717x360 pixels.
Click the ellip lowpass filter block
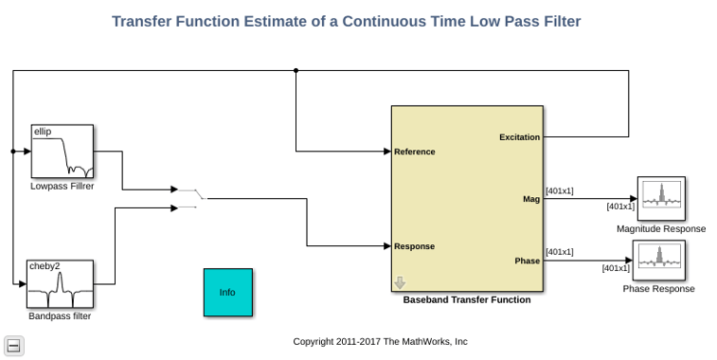pyautogui.click(x=63, y=151)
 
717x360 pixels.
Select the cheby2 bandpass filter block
pyautogui.click(x=60, y=284)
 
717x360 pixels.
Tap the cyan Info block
pyautogui.click(x=227, y=293)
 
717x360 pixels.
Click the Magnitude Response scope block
pyautogui.click(x=661, y=199)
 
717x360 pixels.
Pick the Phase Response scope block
pyautogui.click(x=658, y=261)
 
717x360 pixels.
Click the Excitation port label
pyautogui.click(x=519, y=137)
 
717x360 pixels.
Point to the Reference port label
pyautogui.click(x=414, y=152)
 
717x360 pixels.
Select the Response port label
pyautogui.click(x=414, y=246)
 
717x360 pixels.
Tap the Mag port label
pyautogui.click(x=531, y=200)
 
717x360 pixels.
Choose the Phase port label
pyautogui.click(x=528, y=261)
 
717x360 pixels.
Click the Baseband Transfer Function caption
pyautogui.click(x=467, y=299)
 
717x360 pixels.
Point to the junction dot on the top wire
pyautogui.click(x=296, y=70)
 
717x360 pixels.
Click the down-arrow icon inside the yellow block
pyautogui.click(x=400, y=282)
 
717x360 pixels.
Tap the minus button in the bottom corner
pyautogui.click(x=13, y=346)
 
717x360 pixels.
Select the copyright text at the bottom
pyautogui.click(x=380, y=341)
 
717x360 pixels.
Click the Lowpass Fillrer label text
pyautogui.click(x=63, y=187)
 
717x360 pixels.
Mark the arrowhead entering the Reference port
pyautogui.click(x=387, y=152)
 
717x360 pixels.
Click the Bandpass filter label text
pyautogui.click(x=60, y=316)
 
